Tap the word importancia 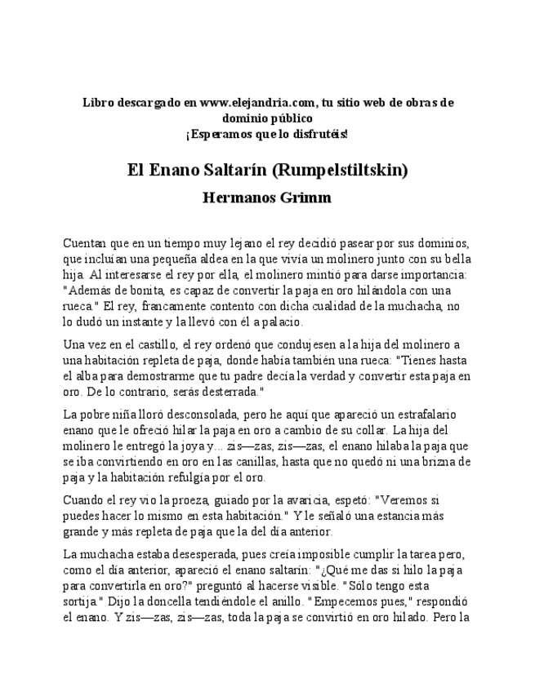[430, 274]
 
